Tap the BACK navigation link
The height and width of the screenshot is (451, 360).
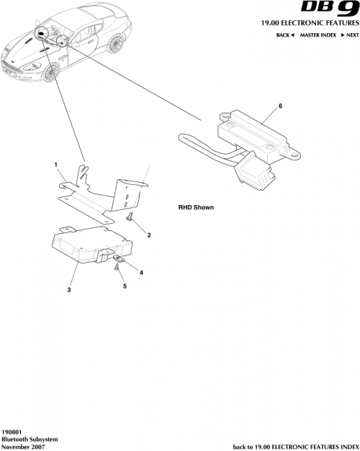coord(285,35)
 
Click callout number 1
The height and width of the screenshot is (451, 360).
coord(55,165)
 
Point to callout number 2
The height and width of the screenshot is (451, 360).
coord(148,235)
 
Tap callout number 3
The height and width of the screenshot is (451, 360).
coord(69,290)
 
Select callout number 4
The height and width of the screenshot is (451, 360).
coord(141,273)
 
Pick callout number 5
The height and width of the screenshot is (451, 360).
coord(124,286)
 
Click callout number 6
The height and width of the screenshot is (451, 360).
coord(280,106)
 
